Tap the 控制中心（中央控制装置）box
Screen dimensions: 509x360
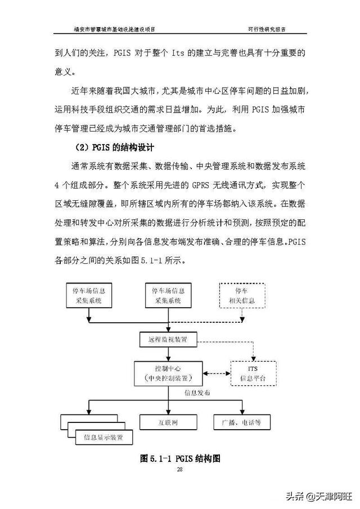click(168, 373)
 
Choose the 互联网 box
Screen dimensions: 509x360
click(168, 421)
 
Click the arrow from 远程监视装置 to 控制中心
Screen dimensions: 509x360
click(168, 355)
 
